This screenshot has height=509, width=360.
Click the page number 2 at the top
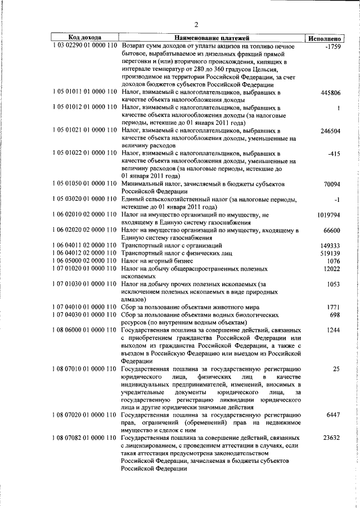coord(196,24)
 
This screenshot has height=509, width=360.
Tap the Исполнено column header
coord(322,38)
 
